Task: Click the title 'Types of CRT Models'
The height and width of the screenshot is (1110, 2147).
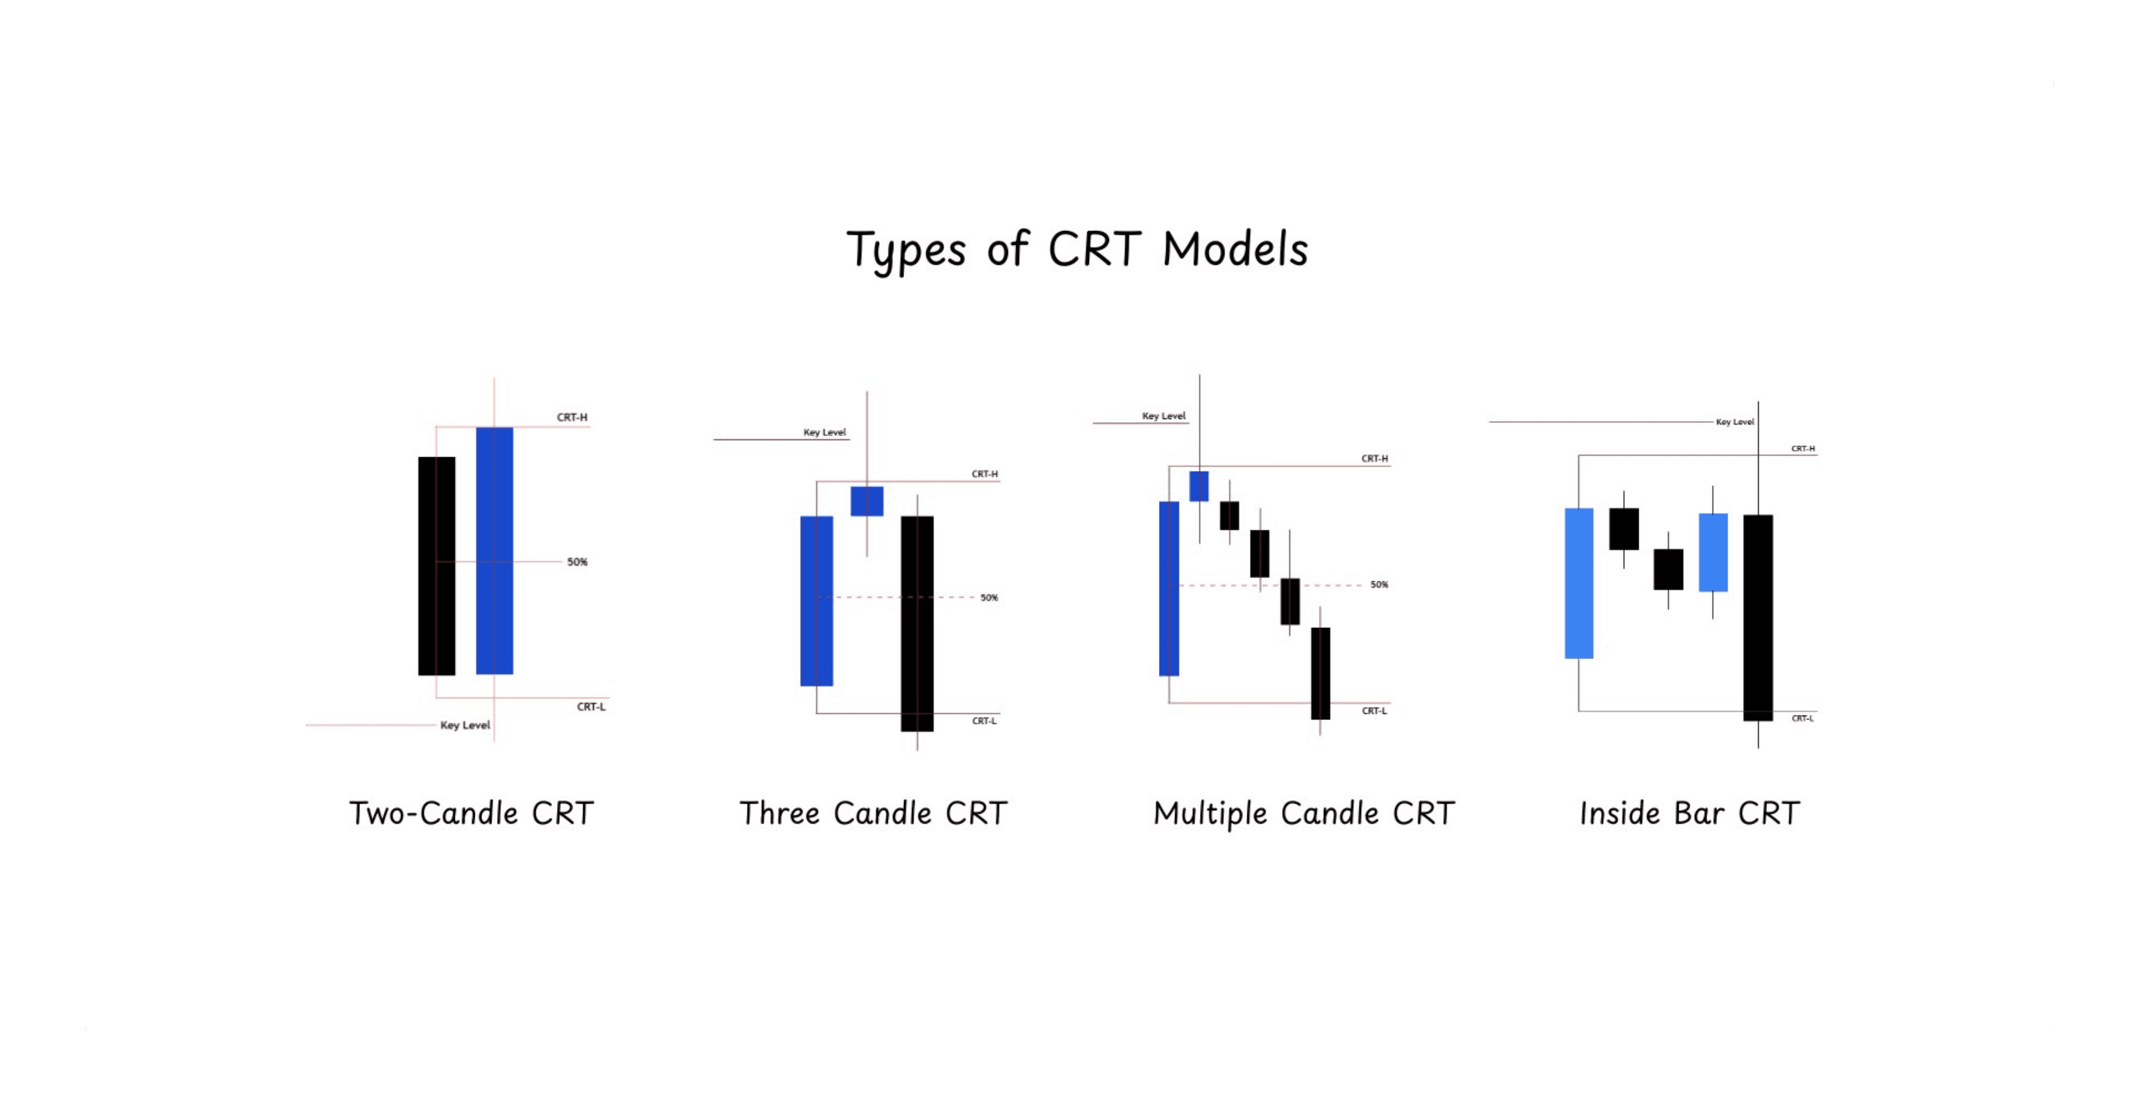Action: tap(1077, 250)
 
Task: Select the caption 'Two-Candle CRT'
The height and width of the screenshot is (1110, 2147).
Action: tap(471, 814)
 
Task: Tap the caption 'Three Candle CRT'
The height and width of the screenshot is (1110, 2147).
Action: tap(873, 814)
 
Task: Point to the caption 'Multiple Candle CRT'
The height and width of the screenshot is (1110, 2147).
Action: tap(1303, 814)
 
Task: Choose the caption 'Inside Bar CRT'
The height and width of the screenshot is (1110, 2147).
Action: tap(1690, 814)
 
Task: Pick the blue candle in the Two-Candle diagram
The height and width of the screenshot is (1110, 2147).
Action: tap(494, 551)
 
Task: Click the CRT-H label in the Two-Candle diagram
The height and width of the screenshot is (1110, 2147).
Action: tap(572, 417)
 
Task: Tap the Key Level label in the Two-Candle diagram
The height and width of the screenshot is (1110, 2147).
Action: tap(465, 725)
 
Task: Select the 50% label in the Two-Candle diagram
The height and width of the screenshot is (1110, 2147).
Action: tap(577, 562)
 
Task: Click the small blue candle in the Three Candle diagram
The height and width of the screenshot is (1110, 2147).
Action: tap(867, 501)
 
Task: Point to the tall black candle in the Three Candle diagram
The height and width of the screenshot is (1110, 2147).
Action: tap(917, 624)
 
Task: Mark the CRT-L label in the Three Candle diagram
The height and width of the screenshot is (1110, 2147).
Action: tap(984, 721)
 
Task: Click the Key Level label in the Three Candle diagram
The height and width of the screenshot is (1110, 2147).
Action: tap(824, 432)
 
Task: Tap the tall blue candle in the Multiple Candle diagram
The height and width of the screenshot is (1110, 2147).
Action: tap(1169, 589)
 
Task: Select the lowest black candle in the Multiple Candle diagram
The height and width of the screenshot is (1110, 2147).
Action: tap(1320, 673)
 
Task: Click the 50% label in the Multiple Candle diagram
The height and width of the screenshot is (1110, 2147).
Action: tap(1379, 585)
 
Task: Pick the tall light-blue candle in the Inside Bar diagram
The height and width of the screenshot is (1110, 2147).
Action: tap(1579, 583)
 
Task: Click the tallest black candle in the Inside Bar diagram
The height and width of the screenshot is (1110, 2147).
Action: tap(1758, 617)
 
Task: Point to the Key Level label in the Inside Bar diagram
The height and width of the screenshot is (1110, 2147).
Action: tap(1735, 422)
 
